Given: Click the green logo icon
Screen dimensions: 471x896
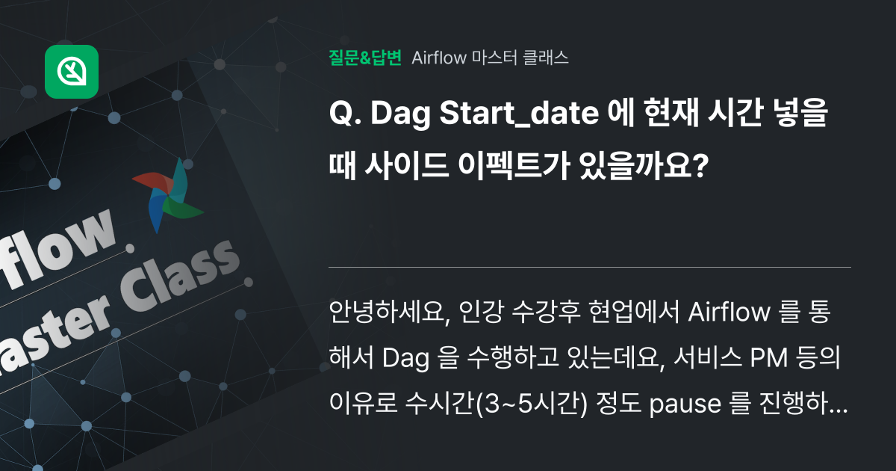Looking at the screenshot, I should point(72,72).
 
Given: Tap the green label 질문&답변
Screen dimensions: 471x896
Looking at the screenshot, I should point(365,58).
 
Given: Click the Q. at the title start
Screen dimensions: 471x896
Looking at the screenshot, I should point(344,116).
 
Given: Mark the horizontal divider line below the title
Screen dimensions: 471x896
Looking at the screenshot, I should point(590,267).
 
